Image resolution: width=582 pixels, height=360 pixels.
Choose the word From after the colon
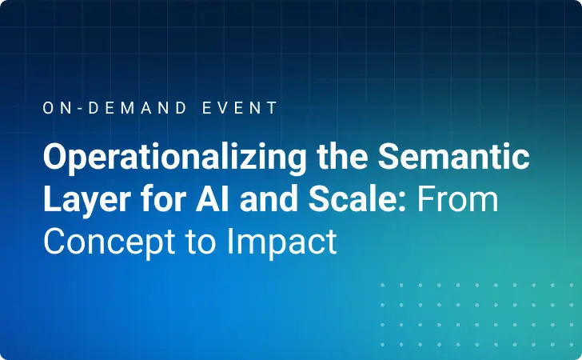pos(459,199)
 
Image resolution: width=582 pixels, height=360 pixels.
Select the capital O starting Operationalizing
pos(55,158)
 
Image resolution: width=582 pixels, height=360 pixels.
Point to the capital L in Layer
pos(51,199)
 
